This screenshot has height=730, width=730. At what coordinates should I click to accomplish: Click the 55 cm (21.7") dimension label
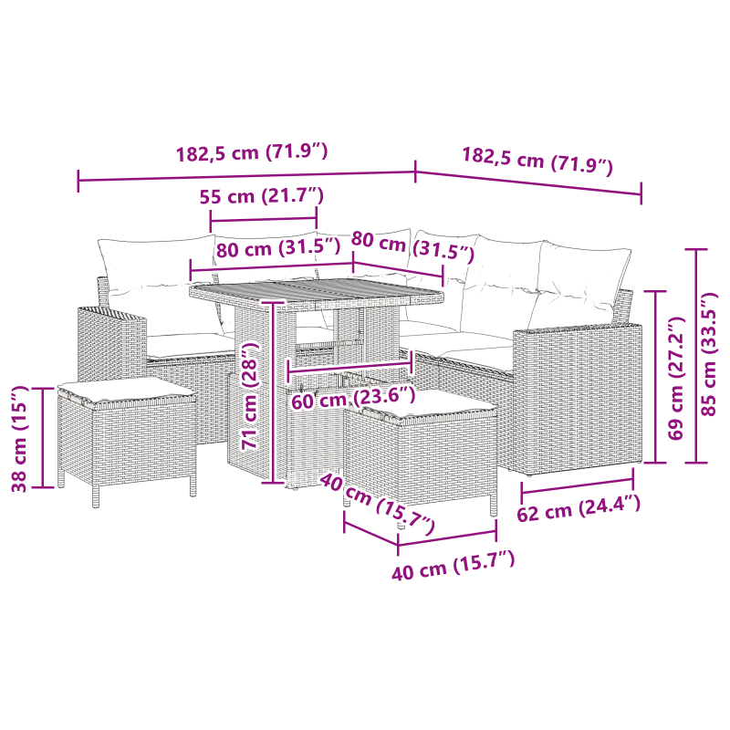coord(262,196)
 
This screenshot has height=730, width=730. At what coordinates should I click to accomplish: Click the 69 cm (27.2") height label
coord(676,379)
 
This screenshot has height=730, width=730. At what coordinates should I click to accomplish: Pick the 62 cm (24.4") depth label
coord(579,510)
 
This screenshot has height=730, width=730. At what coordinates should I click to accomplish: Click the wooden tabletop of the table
coord(315,293)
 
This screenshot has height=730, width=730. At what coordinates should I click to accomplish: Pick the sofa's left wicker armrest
coord(109,342)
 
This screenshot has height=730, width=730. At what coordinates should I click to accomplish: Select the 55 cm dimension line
coord(263,219)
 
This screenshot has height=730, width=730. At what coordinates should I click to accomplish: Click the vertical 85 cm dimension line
coord(696,355)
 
